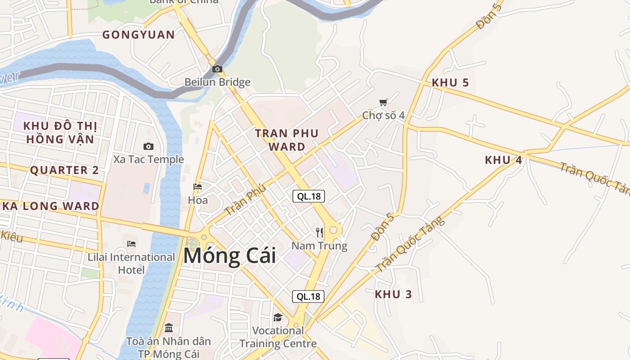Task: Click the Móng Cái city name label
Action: (x=229, y=256)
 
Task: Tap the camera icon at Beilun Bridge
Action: (x=217, y=69)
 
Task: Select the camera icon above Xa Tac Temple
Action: (x=148, y=146)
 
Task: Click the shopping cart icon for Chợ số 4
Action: (x=383, y=102)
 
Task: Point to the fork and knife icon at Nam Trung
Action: (x=319, y=232)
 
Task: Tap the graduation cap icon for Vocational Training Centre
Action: (x=278, y=317)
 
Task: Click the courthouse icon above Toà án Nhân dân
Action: (x=169, y=328)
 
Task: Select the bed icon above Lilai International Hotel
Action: (x=131, y=243)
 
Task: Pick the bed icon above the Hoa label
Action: (x=197, y=186)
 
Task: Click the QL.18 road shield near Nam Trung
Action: (x=308, y=196)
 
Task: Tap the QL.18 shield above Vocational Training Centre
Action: (x=308, y=296)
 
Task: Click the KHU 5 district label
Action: (x=450, y=83)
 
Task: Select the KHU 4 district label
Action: (x=503, y=160)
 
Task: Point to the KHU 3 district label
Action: (x=393, y=294)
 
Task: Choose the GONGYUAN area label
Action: (x=139, y=35)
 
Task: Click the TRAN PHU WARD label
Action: (x=287, y=139)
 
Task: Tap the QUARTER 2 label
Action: (x=64, y=170)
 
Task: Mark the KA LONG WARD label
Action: (x=50, y=206)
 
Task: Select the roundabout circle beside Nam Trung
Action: (x=333, y=230)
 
